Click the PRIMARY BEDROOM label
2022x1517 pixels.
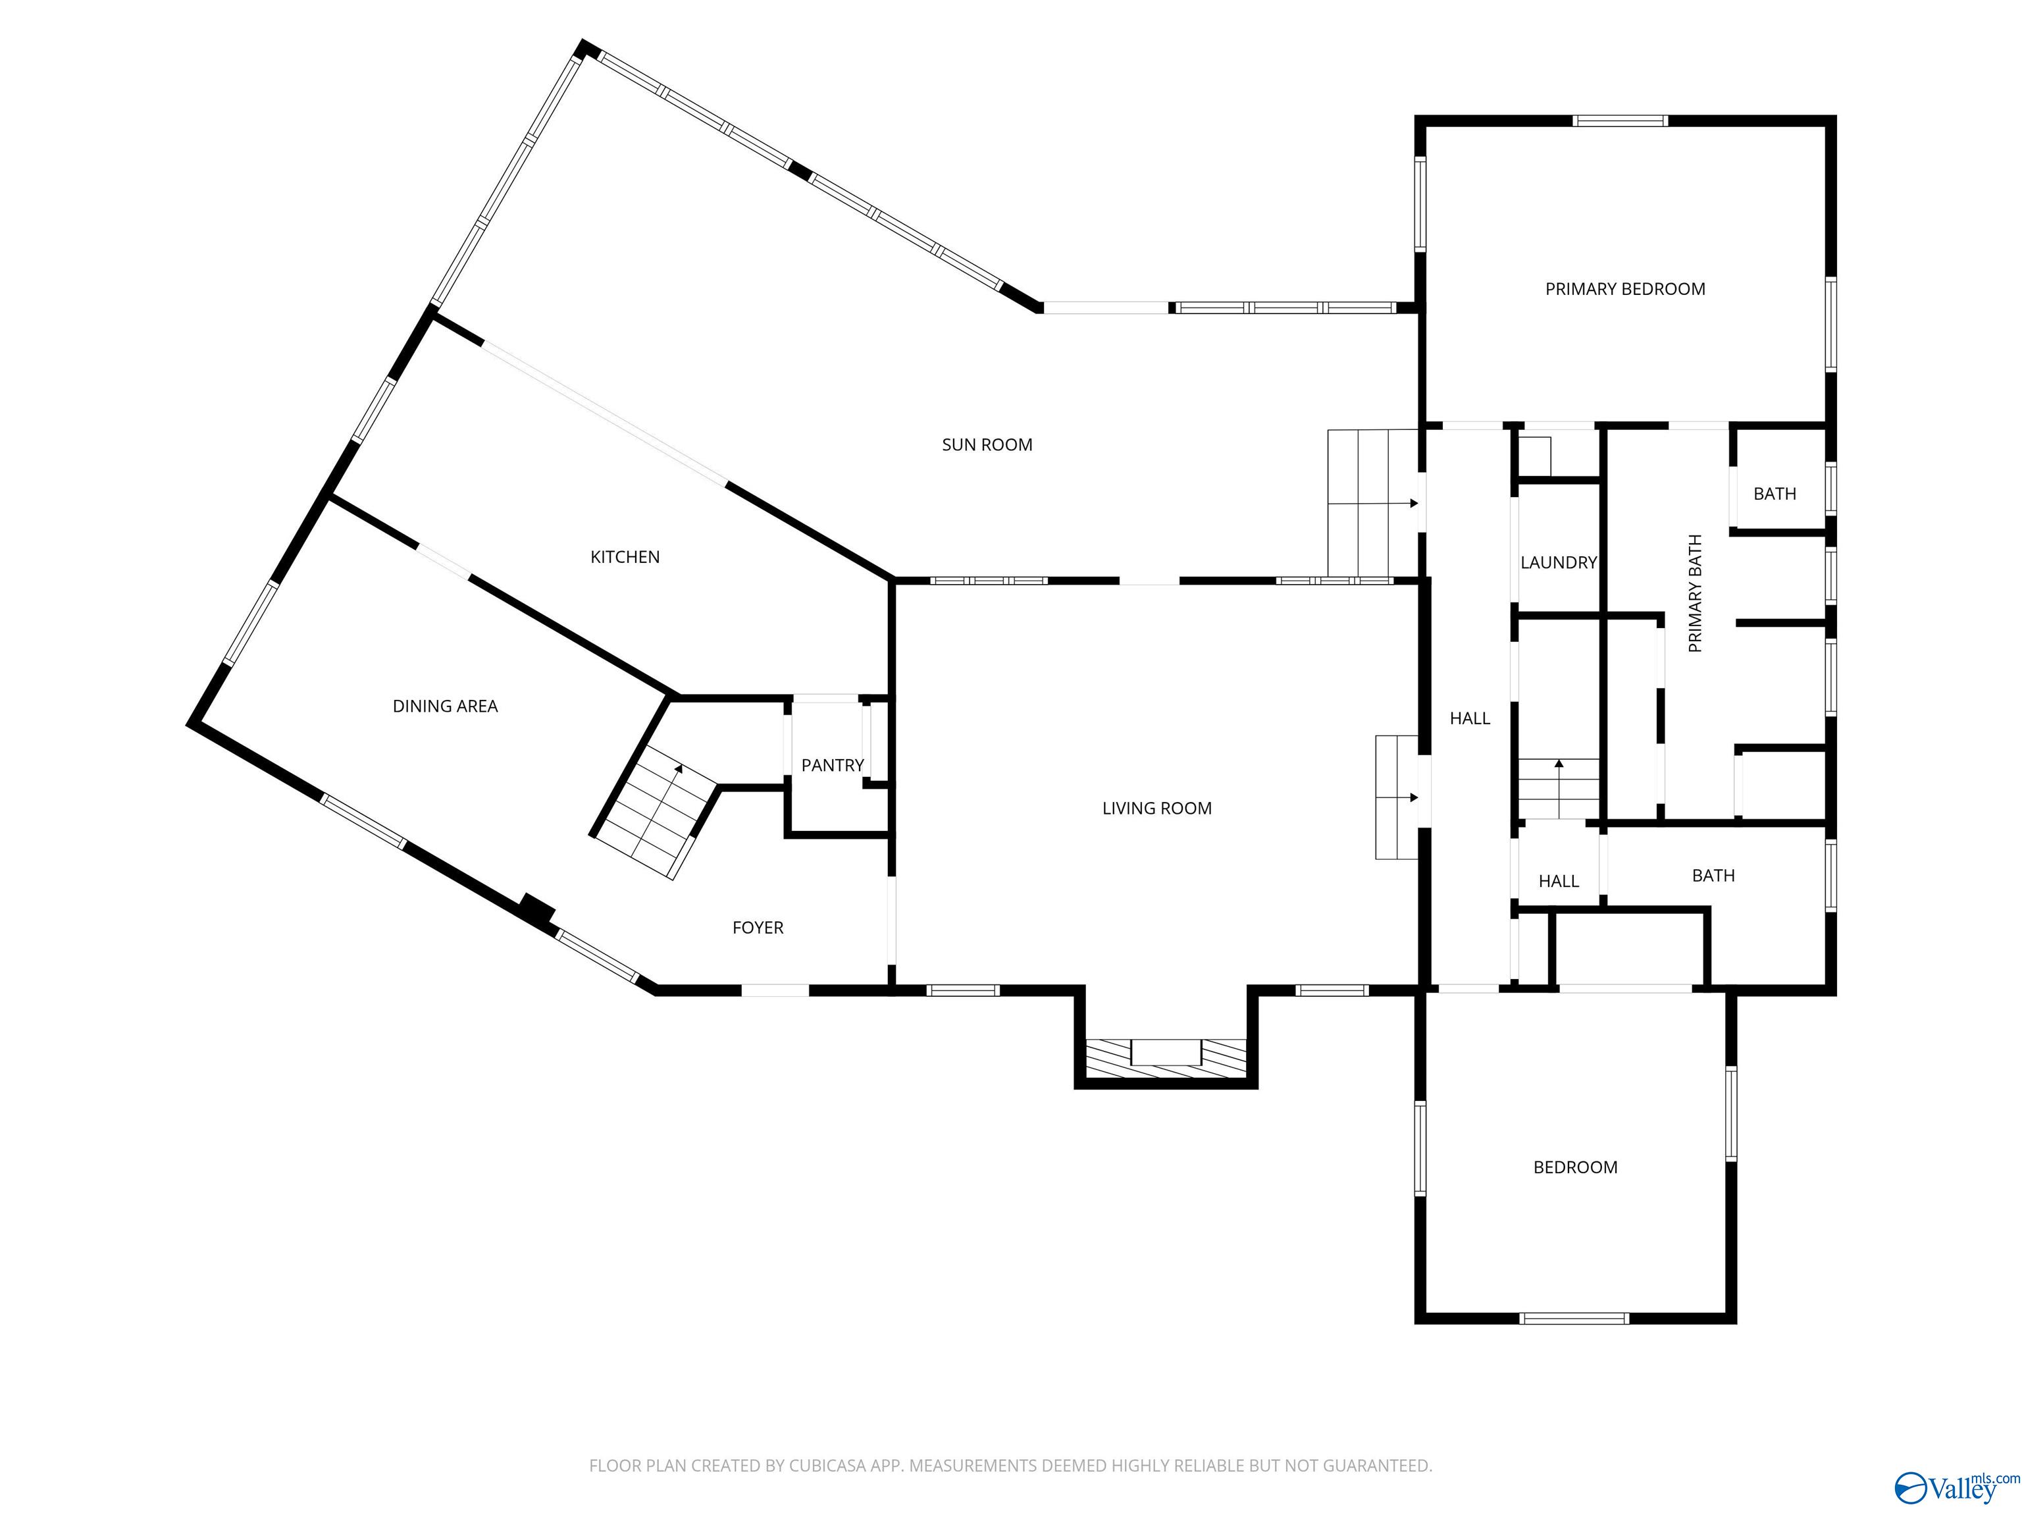pyautogui.click(x=1624, y=289)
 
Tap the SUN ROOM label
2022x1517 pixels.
pyautogui.click(x=987, y=444)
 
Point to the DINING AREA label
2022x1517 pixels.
pyautogui.click(x=444, y=706)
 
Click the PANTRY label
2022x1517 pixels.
pyautogui.click(x=832, y=765)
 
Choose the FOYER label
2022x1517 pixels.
pyautogui.click(x=758, y=927)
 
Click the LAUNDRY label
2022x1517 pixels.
pyautogui.click(x=1557, y=562)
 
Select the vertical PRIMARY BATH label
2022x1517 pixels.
pyautogui.click(x=1695, y=593)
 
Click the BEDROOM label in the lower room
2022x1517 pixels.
pyautogui.click(x=1575, y=1167)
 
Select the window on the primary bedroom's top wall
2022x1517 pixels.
pyautogui.click(x=1620, y=120)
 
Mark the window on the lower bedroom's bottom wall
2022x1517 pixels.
pyautogui.click(x=1574, y=1317)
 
